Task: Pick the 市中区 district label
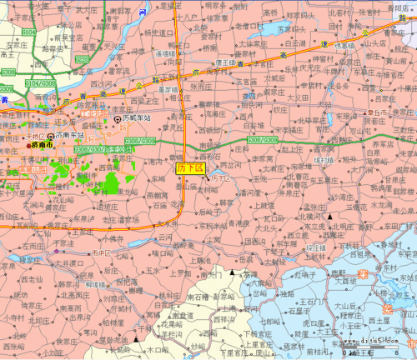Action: coord(100,252)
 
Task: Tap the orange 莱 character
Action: coord(362,274)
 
